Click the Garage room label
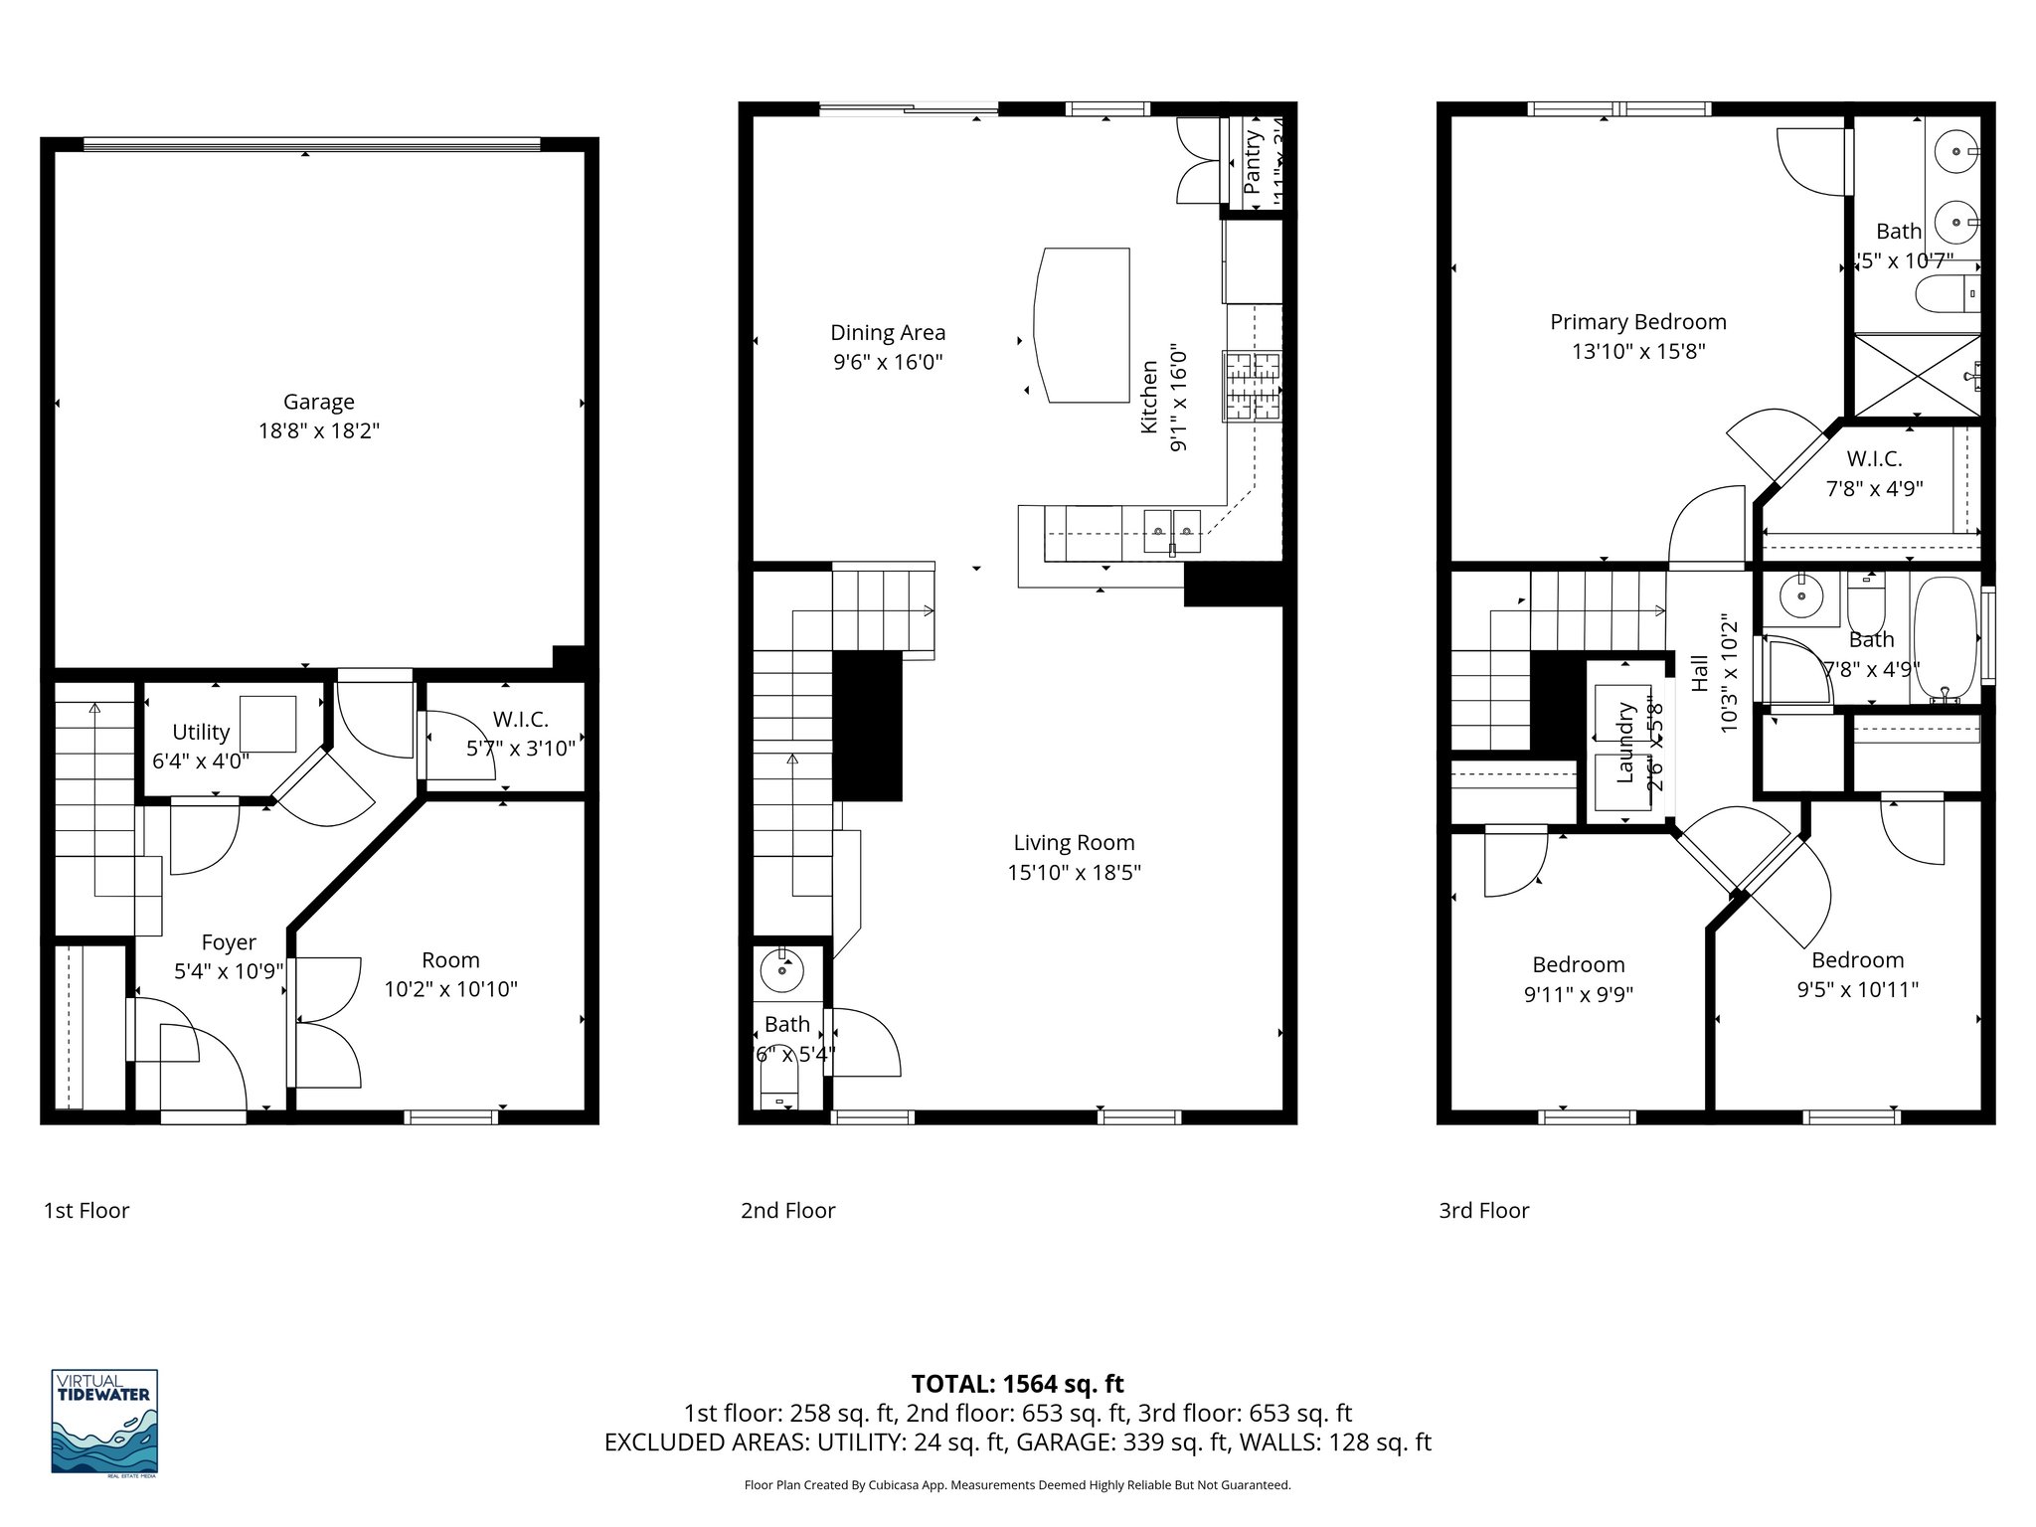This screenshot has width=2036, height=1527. pos(318,402)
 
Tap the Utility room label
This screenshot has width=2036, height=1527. pos(201,732)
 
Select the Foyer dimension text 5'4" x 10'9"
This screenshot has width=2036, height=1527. pos(229,971)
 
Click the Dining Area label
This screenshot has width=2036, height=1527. pos(888,333)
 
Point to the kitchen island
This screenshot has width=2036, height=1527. pos(1082,325)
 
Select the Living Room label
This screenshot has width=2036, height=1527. pos(1074,843)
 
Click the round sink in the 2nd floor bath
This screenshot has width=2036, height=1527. pos(782,971)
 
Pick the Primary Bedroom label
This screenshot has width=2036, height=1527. pos(1637,322)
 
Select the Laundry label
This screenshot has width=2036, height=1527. pos(1625,742)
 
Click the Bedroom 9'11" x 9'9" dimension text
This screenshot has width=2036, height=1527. pos(1578,994)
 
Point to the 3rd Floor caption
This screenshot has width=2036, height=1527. pos(1483,1211)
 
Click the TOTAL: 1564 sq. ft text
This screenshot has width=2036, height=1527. pos(1017,1384)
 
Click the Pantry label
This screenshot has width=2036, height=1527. pos(1253,162)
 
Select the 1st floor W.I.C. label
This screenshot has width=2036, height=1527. pos(520,719)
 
